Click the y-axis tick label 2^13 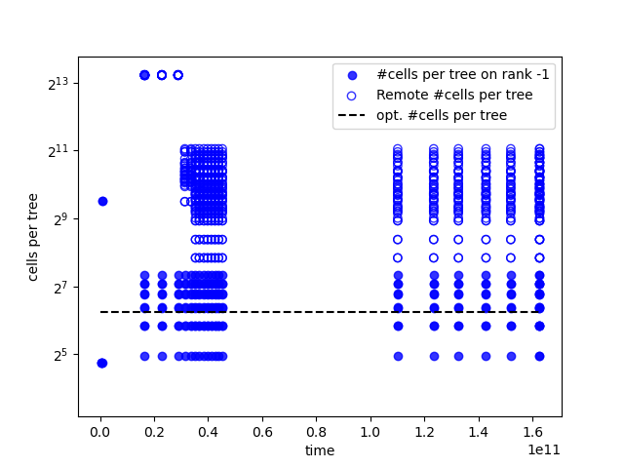[58, 84]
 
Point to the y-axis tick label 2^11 [58, 152]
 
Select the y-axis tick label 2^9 [60, 219]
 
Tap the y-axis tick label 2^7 [60, 288]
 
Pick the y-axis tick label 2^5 [60, 355]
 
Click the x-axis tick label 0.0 [100, 432]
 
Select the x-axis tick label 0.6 [262, 432]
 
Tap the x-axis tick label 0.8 [316, 432]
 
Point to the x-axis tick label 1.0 [370, 432]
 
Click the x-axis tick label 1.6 [532, 432]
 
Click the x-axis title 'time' [320, 450]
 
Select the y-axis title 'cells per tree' [32, 237]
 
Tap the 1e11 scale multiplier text [544, 450]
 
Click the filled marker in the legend [352, 75]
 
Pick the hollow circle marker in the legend [352, 96]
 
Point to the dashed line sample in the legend [351, 115]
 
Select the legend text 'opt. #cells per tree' [442, 115]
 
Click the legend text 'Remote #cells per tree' [454, 95]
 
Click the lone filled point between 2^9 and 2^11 [102, 202]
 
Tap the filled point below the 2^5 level [102, 363]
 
